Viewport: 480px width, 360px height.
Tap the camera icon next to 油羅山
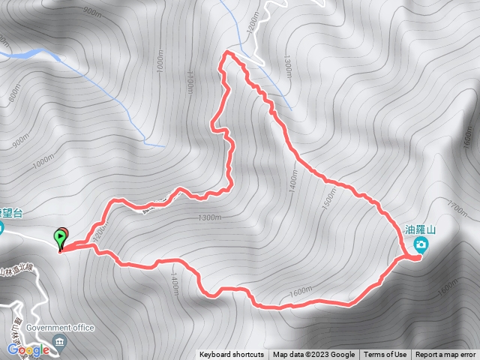pyautogui.click(x=422, y=245)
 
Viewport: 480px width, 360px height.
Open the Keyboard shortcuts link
pyautogui.click(x=232, y=355)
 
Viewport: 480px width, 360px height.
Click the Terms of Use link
pyautogui.click(x=385, y=355)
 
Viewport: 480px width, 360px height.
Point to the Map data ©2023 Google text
pyautogui.click(x=313, y=355)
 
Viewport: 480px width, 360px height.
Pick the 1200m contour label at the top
pyautogui.click(x=250, y=31)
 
